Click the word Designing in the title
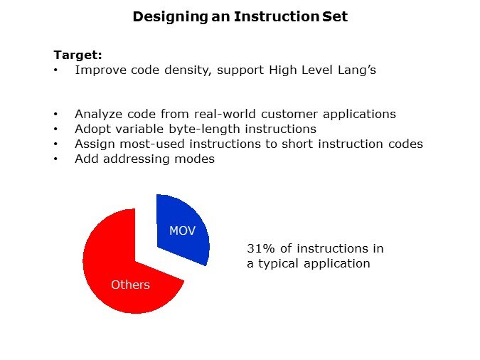(x=171, y=17)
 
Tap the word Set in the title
(x=335, y=16)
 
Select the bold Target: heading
(x=78, y=55)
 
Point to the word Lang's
(x=357, y=70)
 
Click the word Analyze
(x=98, y=115)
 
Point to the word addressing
(x=137, y=159)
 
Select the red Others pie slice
(x=122, y=270)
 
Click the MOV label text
(x=183, y=231)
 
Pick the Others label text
(x=130, y=285)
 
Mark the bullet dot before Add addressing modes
(x=55, y=159)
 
